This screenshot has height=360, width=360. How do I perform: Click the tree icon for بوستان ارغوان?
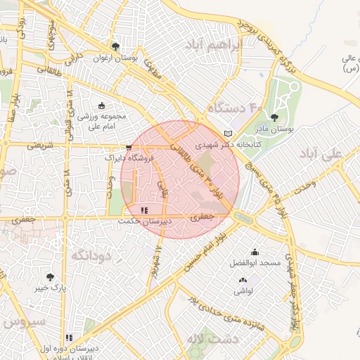pyautogui.click(x=115, y=46)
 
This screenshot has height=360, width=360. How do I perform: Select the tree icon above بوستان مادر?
pyautogui.click(x=274, y=117)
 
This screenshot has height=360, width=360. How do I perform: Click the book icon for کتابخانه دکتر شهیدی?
pyautogui.click(x=226, y=133)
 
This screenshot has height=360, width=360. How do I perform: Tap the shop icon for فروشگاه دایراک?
pyautogui.click(x=127, y=148)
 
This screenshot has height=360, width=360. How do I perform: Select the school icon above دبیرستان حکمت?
pyautogui.click(x=144, y=210)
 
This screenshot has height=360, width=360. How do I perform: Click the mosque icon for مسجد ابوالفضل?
pyautogui.click(x=254, y=252)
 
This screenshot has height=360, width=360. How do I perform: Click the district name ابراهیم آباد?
pyautogui.click(x=240, y=44)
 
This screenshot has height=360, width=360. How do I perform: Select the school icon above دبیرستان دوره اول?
pyautogui.click(x=69, y=338)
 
